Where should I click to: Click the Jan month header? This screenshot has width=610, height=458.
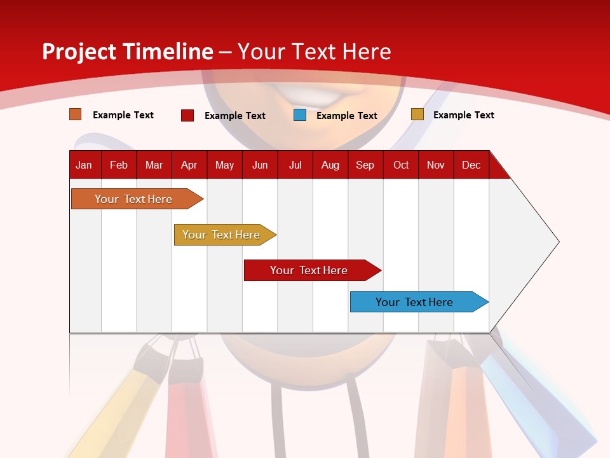pyautogui.click(x=85, y=165)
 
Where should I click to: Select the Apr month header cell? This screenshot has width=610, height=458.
pyautogui.click(x=189, y=165)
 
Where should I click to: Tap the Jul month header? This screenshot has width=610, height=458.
pyautogui.click(x=295, y=165)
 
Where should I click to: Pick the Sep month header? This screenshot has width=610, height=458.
pyautogui.click(x=365, y=165)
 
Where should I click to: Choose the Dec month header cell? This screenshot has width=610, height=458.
pyautogui.click(x=471, y=165)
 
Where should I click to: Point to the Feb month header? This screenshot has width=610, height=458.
pyautogui.click(x=119, y=165)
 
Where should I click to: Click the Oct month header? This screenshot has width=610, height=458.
pyautogui.click(x=401, y=165)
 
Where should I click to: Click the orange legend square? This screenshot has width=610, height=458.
pyautogui.click(x=76, y=114)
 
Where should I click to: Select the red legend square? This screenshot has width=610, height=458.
pyautogui.click(x=187, y=115)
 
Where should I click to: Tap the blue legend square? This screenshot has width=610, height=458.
pyautogui.click(x=300, y=115)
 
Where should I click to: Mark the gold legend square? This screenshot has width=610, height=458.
pyautogui.click(x=417, y=114)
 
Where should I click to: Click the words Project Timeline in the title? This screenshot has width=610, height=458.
pyautogui.click(x=127, y=52)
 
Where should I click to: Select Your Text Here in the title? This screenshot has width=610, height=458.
pyautogui.click(x=315, y=52)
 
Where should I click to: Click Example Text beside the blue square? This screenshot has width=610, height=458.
pyautogui.click(x=347, y=116)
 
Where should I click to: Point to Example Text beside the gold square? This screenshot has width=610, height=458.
pyautogui.click(x=464, y=115)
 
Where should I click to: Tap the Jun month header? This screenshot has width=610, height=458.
pyautogui.click(x=260, y=165)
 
